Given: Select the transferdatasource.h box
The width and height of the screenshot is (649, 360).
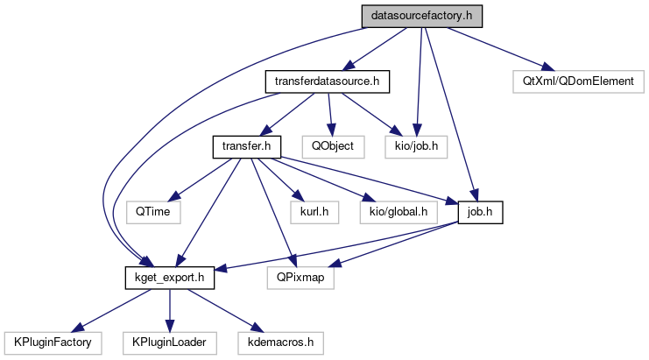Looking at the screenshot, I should click(x=327, y=81).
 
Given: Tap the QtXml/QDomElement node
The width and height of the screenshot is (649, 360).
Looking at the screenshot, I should click(x=578, y=81).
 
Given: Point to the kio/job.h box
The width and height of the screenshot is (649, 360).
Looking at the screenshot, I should click(x=416, y=146).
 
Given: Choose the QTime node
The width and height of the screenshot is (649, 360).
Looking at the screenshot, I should click(x=152, y=211).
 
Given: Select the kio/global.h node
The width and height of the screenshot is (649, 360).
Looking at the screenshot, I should click(x=397, y=211).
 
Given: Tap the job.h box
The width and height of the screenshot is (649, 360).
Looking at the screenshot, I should click(x=480, y=211).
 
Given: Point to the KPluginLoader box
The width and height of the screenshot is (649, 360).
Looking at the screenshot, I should click(x=169, y=341).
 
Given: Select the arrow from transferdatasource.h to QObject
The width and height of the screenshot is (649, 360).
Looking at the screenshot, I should click(x=329, y=114).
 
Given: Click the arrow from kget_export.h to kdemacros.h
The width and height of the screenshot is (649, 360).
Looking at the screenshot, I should click(x=219, y=308).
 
